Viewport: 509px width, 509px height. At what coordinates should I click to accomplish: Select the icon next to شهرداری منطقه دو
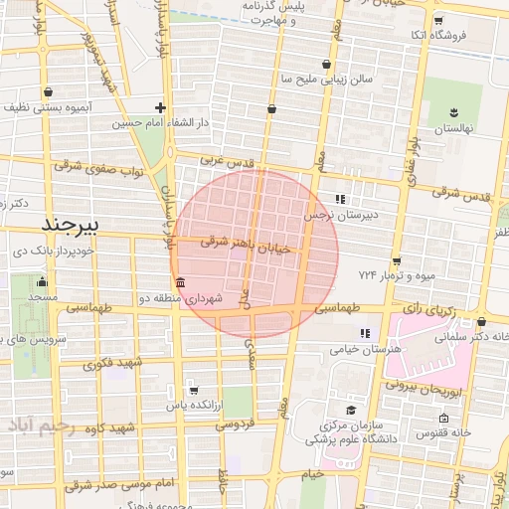coord(178,282)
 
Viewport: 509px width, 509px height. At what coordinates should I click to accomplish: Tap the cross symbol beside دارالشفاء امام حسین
coord(160,107)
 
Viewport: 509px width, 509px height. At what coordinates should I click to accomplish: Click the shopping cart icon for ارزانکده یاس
coord(193,390)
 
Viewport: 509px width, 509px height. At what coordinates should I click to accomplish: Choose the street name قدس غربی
coord(229,159)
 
